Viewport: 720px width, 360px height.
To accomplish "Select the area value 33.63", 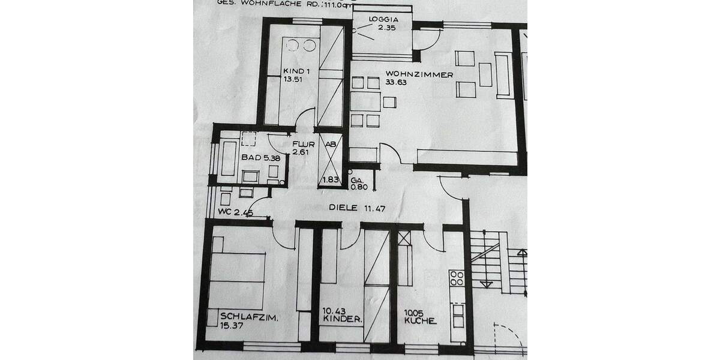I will pos(397,83).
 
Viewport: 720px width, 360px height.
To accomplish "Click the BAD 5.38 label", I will pos(251,157).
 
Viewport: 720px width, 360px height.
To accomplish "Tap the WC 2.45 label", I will pos(236,212).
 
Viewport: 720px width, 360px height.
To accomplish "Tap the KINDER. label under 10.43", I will pos(342,320).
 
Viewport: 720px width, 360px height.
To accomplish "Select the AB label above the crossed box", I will pos(329,144).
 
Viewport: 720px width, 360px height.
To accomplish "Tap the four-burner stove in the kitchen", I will pos(457,278).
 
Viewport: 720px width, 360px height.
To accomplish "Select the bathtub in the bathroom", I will pos(228,158).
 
